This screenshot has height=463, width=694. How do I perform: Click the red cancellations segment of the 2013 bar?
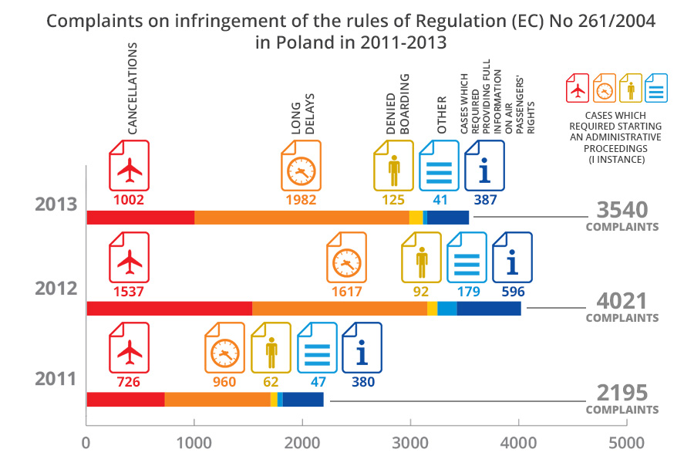click(140, 218)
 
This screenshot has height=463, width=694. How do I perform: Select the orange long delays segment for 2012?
click(339, 309)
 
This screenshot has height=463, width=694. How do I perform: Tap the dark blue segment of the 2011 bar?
click(303, 399)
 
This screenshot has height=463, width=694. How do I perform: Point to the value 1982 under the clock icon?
click(301, 200)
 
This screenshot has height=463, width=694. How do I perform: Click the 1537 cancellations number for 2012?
click(129, 291)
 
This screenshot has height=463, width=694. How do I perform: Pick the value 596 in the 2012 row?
click(513, 291)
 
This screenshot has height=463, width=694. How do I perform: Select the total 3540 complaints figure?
click(622, 210)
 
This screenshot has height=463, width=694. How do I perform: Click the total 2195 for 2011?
click(622, 392)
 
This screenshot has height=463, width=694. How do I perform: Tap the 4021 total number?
click(622, 300)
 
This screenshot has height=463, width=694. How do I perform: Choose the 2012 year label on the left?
click(56, 289)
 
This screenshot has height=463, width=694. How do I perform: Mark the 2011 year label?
click(56, 380)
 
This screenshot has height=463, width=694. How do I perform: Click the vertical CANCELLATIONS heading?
click(133, 90)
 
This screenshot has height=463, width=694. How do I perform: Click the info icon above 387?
click(484, 168)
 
